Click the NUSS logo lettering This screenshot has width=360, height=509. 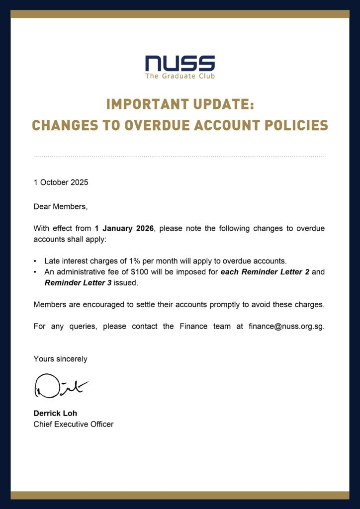pos(180,63)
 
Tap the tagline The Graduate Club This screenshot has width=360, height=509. pos(180,76)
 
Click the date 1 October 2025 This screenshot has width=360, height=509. pos(61,182)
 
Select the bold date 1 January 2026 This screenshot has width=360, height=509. pos(124,229)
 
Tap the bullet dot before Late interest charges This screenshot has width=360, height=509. pos(35,261)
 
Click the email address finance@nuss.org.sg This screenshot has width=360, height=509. pos(286,327)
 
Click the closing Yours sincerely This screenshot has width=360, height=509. pos(60,359)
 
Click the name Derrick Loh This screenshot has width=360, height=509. pos(55,414)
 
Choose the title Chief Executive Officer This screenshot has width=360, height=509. pos(73,424)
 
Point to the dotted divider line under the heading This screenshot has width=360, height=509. pos(180,157)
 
